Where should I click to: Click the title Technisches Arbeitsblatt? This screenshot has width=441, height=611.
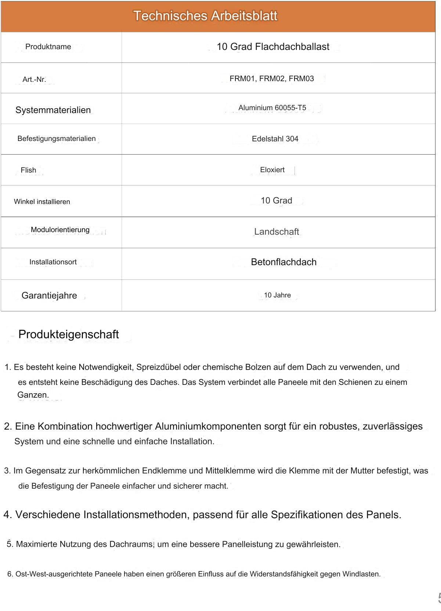tap(205, 16)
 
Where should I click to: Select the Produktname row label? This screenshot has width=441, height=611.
tap(48, 47)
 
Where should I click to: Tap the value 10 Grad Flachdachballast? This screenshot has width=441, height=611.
tap(273, 47)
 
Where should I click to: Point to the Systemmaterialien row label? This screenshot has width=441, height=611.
tap(53, 110)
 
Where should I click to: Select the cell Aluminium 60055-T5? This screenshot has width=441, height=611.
tap(272, 108)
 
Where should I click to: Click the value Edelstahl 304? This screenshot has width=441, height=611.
tap(275, 139)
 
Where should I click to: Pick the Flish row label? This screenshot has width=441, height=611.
tap(28, 170)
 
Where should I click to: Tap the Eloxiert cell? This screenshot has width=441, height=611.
tap(272, 170)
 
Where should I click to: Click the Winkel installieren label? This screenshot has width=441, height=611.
tap(42, 202)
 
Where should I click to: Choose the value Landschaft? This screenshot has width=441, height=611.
tap(276, 232)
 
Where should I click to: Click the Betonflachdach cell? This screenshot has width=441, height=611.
tap(283, 262)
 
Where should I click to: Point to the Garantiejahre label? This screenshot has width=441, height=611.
tap(49, 296)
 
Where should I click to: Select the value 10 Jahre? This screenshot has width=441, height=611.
tap(277, 295)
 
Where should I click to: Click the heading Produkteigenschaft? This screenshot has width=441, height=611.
tap(69, 335)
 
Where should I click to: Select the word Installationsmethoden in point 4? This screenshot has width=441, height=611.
tap(136, 515)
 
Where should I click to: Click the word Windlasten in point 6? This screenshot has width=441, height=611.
tap(361, 574)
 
